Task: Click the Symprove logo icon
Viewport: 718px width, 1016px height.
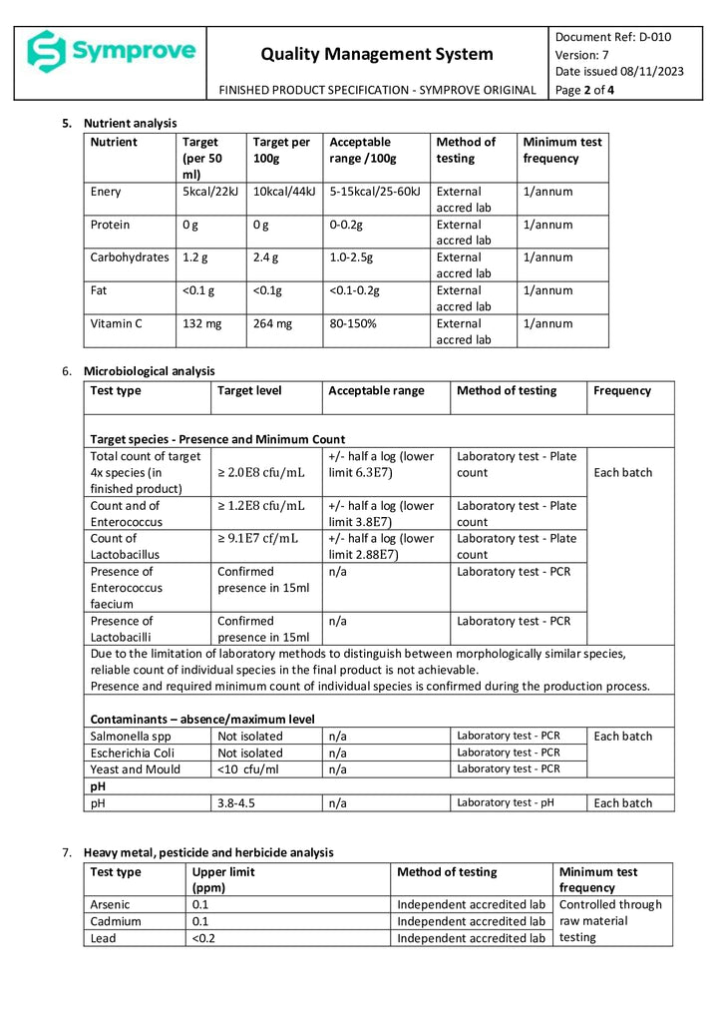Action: coord(46,52)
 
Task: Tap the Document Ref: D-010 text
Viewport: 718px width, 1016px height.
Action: coord(612,37)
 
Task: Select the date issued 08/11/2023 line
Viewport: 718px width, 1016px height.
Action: coord(619,71)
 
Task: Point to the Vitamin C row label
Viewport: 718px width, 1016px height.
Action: coord(118,323)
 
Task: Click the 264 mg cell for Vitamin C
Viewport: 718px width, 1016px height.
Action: coord(272,323)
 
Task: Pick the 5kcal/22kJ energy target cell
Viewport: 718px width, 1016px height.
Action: coord(209,191)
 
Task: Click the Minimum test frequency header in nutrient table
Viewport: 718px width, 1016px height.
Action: coord(561,150)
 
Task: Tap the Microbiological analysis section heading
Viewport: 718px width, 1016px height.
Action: coord(149,371)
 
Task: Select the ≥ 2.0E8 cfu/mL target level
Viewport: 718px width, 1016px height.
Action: coord(260,472)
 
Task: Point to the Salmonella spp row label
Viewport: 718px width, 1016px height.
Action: coord(132,736)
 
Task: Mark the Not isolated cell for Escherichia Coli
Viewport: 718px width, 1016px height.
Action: coord(249,753)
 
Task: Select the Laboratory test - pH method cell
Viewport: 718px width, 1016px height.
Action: coord(505,802)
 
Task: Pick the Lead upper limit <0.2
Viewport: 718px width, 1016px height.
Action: coord(203,938)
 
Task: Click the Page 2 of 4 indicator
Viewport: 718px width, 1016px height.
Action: coord(584,89)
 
